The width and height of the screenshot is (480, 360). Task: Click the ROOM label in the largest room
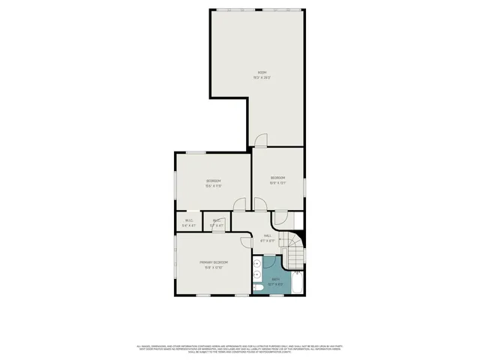tap(262, 72)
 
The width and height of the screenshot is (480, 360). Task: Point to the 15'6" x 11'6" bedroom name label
tap(214, 181)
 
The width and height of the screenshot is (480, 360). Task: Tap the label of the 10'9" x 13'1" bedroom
tap(278, 178)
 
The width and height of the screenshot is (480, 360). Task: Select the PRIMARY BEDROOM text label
tap(214, 262)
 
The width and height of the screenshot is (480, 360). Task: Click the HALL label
tap(267, 236)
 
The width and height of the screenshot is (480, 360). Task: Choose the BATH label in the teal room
tap(276, 280)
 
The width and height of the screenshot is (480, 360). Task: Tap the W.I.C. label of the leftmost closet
tap(189, 220)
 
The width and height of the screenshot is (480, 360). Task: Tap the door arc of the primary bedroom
tap(247, 239)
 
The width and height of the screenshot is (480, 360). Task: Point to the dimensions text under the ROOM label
tap(262, 77)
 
